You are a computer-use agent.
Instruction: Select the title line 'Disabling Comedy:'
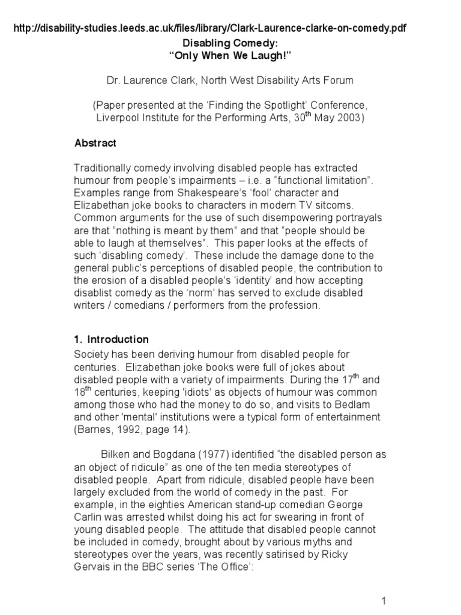click(230, 44)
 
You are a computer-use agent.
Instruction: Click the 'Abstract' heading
click(95, 144)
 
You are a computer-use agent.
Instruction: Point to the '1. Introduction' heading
click(111, 339)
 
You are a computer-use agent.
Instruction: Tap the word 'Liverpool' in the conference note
click(119, 118)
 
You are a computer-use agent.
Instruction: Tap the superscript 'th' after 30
click(310, 114)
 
